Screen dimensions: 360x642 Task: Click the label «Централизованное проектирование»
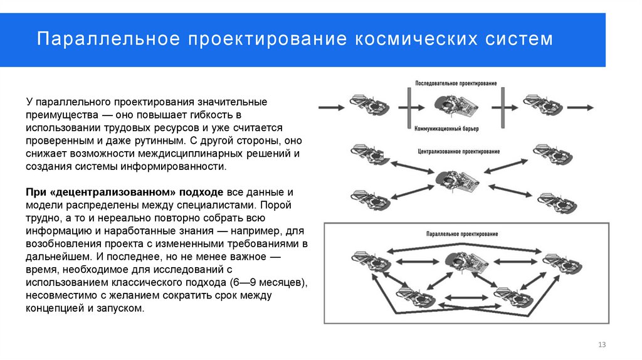(458, 152)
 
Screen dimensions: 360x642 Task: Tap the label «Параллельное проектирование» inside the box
(461, 233)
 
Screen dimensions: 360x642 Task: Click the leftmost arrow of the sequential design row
(331, 107)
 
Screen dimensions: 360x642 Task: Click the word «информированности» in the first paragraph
(183, 167)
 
